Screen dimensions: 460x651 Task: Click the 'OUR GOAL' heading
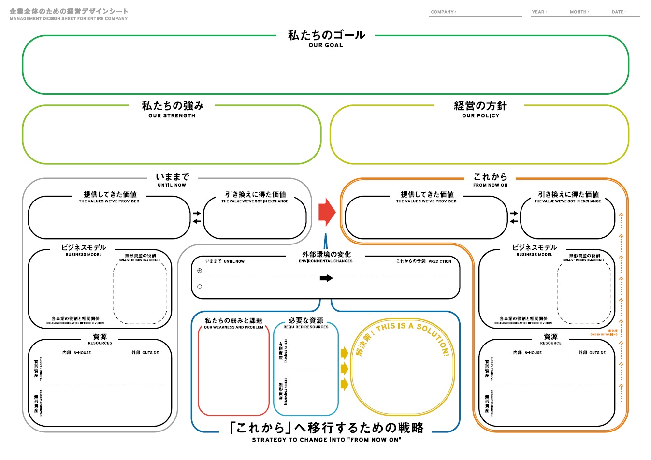pyautogui.click(x=326, y=45)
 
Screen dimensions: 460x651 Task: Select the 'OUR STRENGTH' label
pyautogui.click(x=172, y=116)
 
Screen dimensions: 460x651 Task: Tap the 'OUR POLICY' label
pyautogui.click(x=480, y=116)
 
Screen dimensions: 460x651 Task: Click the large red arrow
pyautogui.click(x=327, y=212)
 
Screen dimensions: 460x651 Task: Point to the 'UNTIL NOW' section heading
pyautogui.click(x=172, y=185)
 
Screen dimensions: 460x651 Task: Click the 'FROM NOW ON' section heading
pyautogui.click(x=490, y=185)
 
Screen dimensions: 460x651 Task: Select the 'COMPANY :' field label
pyautogui.click(x=443, y=12)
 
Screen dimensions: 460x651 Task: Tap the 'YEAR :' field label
pyautogui.click(x=539, y=12)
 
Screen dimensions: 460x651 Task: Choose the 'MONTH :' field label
pyautogui.click(x=579, y=12)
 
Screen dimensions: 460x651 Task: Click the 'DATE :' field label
pyautogui.click(x=619, y=12)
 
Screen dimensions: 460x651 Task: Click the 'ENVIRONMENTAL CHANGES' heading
pyautogui.click(x=326, y=261)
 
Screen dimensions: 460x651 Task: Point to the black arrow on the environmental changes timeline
pyautogui.click(x=326, y=278)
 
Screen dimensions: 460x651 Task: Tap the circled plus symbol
pyautogui.click(x=200, y=271)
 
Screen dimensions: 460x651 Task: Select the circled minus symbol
pyautogui.click(x=200, y=287)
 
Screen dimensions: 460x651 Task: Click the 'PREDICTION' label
pyautogui.click(x=440, y=261)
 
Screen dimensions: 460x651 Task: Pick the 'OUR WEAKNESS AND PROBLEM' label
pyautogui.click(x=233, y=327)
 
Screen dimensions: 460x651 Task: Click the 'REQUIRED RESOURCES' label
pyautogui.click(x=305, y=327)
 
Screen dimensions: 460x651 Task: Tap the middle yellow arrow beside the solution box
pyautogui.click(x=344, y=369)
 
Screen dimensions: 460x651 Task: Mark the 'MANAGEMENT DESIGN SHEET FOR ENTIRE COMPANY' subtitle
pyautogui.click(x=69, y=19)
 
